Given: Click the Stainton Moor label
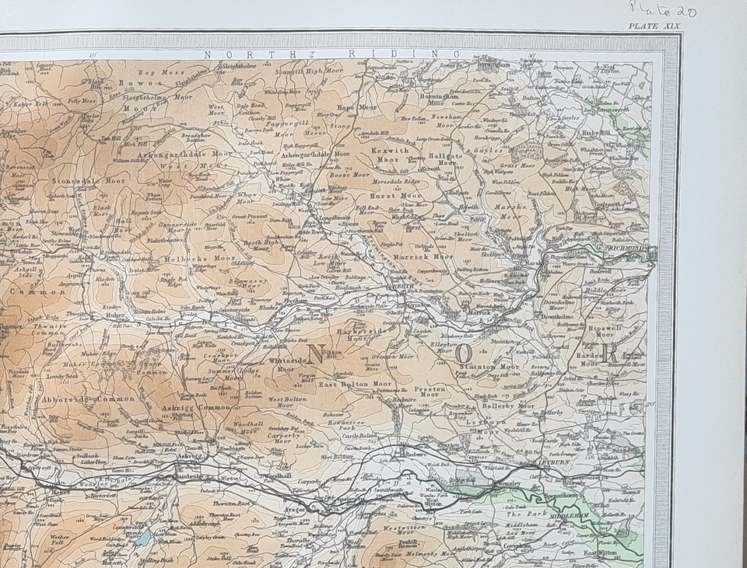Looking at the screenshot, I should click(x=489, y=366).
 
